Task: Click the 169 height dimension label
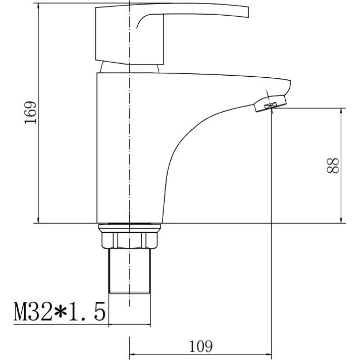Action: coord(30,113)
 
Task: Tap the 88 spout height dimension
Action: coord(333,165)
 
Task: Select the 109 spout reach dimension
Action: coord(201,346)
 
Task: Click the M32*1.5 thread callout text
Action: coord(60,311)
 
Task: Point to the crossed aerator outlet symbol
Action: coord(270,106)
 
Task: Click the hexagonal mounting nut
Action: coord(130,240)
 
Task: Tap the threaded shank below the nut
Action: coord(129,271)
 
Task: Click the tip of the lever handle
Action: coord(248,12)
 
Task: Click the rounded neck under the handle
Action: coord(130,68)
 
